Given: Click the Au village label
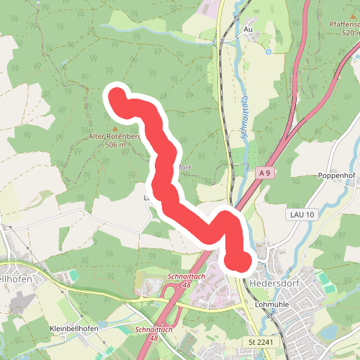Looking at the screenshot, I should click(248, 30).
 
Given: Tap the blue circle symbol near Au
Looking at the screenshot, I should click(268, 51).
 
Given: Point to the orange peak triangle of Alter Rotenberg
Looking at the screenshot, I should click(113, 127).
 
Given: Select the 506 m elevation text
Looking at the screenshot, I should click(115, 145).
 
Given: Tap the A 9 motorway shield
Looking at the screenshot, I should click(264, 173).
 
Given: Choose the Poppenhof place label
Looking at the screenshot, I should click(336, 175).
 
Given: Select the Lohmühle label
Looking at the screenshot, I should click(271, 304).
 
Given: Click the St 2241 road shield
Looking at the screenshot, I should click(259, 340).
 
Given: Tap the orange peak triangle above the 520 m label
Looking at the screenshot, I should click(343, 15).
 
